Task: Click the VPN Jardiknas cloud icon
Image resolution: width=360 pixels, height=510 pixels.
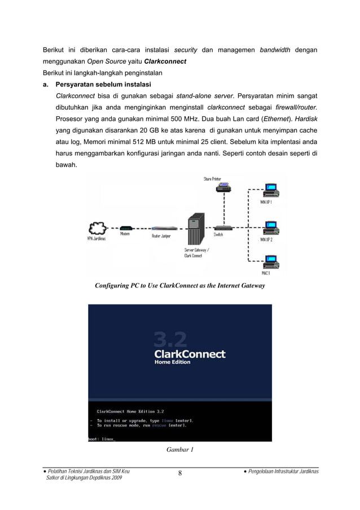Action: click(98, 228)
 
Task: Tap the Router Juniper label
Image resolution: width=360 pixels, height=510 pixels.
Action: click(161, 236)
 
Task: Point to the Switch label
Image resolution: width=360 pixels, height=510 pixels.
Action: click(218, 234)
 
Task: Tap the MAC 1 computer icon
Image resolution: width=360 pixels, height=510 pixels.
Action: click(271, 262)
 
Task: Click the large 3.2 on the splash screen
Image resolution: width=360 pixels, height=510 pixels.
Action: click(170, 339)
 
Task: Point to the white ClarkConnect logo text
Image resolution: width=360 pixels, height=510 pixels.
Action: click(190, 354)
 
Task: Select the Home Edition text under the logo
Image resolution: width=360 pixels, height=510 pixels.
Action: click(173, 363)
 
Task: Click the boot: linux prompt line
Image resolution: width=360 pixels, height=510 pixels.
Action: click(102, 439)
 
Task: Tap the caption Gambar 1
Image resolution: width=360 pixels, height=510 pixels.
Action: click(180, 450)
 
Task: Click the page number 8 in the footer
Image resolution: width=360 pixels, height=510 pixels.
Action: click(180, 473)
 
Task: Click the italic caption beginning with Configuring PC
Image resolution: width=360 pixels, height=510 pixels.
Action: click(179, 286)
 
